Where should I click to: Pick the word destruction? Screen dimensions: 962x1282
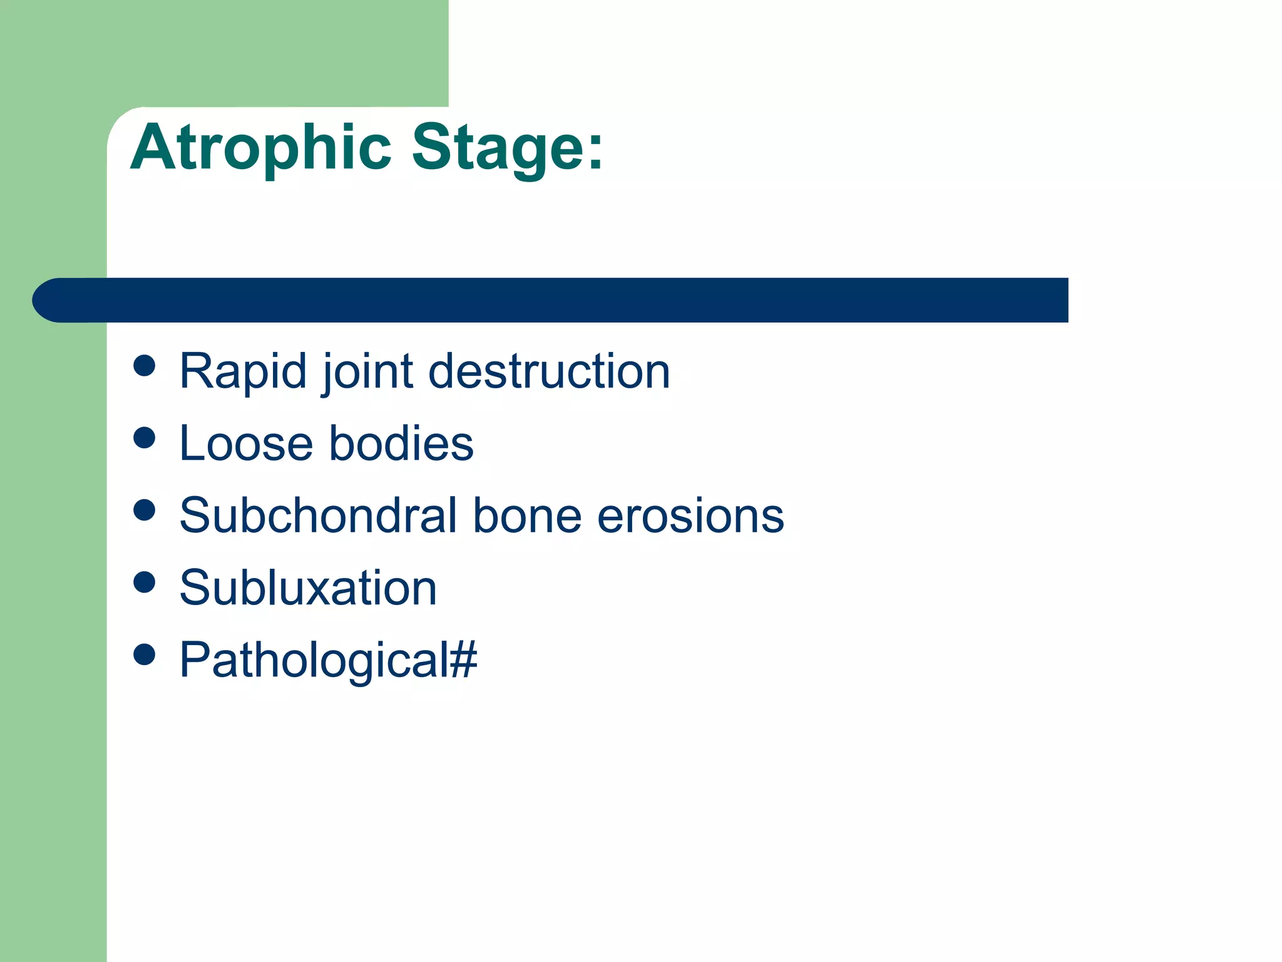coord(549,372)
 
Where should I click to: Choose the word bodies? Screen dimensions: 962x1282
coord(401,443)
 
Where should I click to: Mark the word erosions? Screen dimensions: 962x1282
coord(690,517)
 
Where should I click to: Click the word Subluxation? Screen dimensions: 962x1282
coord(308,588)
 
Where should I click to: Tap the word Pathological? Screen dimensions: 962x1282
coord(314,660)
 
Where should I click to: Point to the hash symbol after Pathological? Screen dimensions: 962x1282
coord(463,660)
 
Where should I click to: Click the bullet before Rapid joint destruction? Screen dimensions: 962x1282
coord(145,366)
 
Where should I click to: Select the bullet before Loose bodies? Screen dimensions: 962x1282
coord(145,438)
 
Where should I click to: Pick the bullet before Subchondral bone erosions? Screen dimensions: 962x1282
coord(145,510)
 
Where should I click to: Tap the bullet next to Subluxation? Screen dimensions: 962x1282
coord(145,582)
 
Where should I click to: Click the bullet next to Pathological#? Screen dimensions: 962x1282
coord(145,654)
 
